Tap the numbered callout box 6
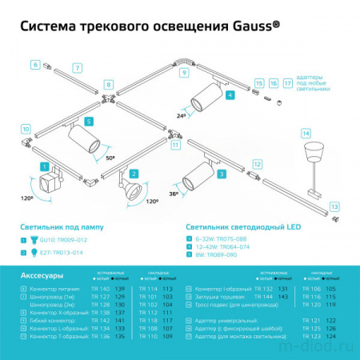coord(35,63)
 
